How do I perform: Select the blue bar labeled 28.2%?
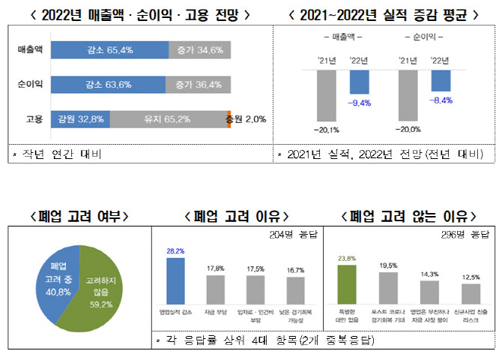click(174, 277)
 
